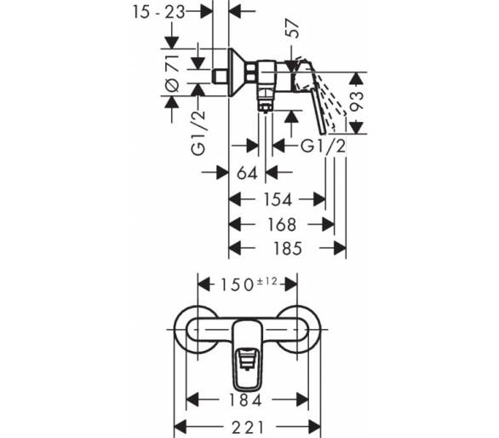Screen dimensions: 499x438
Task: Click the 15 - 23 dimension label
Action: pos(158,13)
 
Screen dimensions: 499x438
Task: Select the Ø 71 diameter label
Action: pos(172,73)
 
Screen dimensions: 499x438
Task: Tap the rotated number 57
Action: pos(293,29)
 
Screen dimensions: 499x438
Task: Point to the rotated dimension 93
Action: pos(357,101)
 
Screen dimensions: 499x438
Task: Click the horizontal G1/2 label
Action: pos(323,147)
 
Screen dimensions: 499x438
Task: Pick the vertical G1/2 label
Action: pos(199,133)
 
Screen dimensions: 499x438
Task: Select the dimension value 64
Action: pos(247,174)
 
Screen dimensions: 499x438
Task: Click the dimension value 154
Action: pos(278,200)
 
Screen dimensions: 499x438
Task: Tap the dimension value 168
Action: pos(282,225)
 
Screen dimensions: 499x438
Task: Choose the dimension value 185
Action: pos(287,249)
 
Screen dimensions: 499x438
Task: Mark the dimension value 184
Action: pos(246,401)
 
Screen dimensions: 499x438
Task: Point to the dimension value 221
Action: pos(248,428)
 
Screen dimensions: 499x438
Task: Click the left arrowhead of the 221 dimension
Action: pos(181,427)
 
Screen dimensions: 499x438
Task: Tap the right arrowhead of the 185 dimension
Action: pos(340,248)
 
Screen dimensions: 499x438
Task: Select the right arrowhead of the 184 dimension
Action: pos(302,400)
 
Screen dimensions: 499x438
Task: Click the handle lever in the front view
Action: pos(248,356)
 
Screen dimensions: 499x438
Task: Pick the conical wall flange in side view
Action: pos(236,72)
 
